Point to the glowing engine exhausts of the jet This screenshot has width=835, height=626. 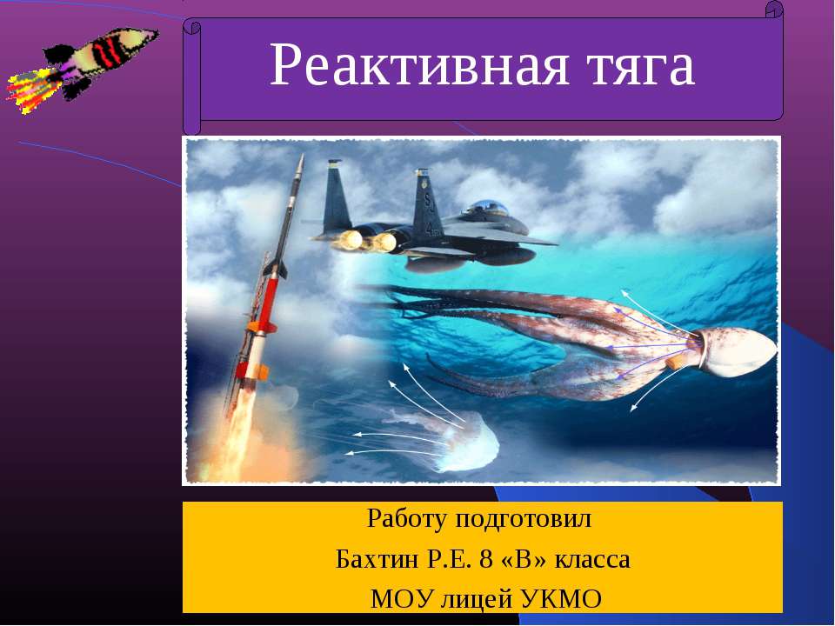(365, 240)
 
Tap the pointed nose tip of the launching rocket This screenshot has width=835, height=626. (301, 158)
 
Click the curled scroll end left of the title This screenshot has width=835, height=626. (191, 78)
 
